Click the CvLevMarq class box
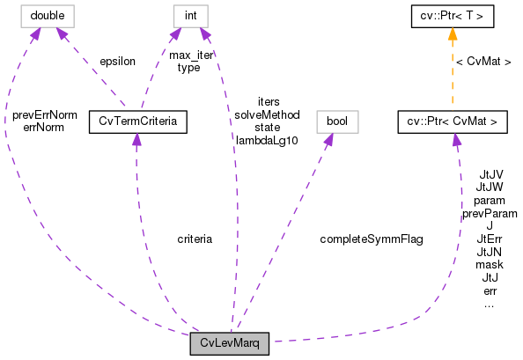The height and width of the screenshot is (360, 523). coord(228,343)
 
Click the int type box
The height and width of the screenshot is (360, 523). coord(188,15)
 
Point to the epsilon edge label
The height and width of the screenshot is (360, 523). coord(116,62)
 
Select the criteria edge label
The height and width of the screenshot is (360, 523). coord(194,239)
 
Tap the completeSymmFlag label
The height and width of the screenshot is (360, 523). coord(370,239)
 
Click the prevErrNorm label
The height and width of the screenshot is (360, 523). coord(45,114)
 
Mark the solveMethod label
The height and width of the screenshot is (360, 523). coord(267,114)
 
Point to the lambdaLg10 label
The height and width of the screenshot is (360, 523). coord(267,139)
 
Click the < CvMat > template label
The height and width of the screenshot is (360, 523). coord(483,62)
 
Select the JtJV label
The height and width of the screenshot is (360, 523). coord(489,174)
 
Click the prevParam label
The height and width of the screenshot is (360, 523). coord(489,213)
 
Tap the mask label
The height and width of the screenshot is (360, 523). coord(489,264)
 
